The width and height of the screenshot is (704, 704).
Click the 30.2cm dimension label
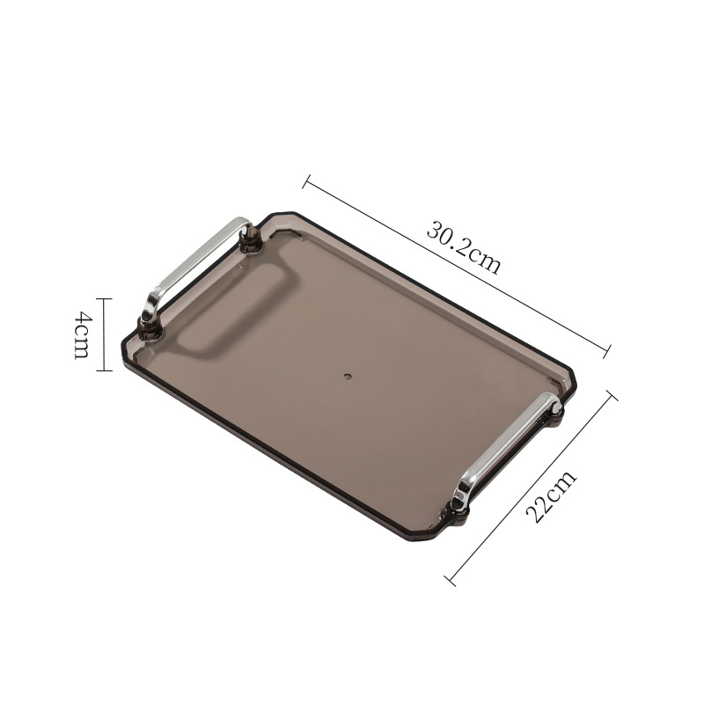click(464, 247)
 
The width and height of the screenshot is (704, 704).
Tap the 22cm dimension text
click(551, 496)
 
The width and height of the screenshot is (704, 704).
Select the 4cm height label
click(83, 335)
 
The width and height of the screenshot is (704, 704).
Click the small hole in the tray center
click(347, 376)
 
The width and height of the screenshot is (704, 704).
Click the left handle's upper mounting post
click(249, 238)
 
